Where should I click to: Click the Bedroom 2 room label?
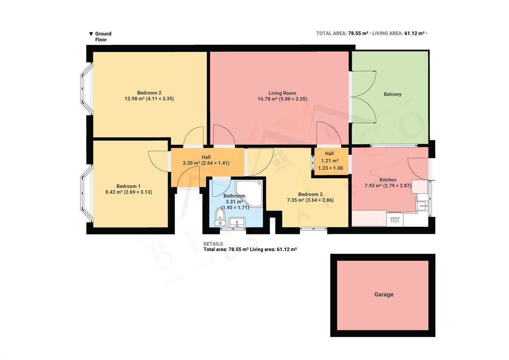pos(149,93)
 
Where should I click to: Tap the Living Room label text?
pos(282,93)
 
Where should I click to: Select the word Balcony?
pos(392,94)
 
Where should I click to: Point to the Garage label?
pos(384,294)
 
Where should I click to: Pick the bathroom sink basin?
pos(237,222)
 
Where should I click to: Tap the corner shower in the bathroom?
pos(249,194)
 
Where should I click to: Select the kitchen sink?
pos(422,206)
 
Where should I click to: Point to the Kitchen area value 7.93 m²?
pos(373,186)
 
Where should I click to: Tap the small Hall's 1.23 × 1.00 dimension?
pos(330,168)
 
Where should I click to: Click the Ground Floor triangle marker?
pos(91,34)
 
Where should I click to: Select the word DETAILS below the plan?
pos(213,244)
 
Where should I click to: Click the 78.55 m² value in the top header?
pos(358,33)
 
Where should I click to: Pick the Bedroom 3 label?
pos(310,194)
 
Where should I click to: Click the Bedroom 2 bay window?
pos(87,89)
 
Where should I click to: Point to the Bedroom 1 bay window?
pos(87,193)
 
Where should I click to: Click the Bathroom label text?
pos(234,196)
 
